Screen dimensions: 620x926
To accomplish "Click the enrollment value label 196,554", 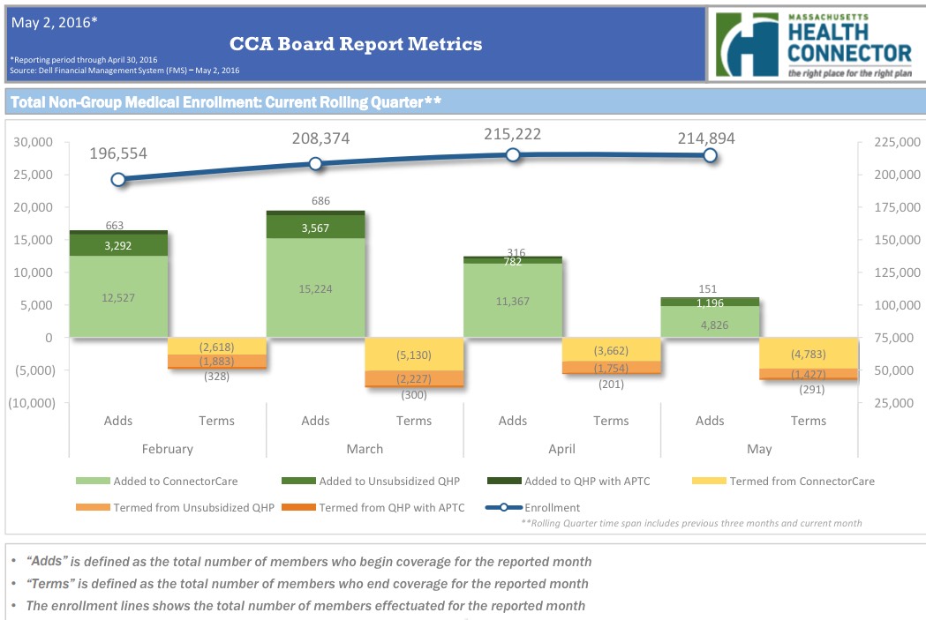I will pos(118,153).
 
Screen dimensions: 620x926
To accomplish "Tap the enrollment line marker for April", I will pos(513,154).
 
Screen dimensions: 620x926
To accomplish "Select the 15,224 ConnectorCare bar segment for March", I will pos(315,288).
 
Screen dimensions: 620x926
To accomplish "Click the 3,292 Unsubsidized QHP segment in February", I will pos(118,246).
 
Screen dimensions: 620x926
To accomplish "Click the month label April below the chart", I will pos(561,449).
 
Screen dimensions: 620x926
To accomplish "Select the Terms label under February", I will pos(217,421).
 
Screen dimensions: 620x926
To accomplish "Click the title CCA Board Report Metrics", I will pos(356,43).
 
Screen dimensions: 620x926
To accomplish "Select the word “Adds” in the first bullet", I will pos(46,562).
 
